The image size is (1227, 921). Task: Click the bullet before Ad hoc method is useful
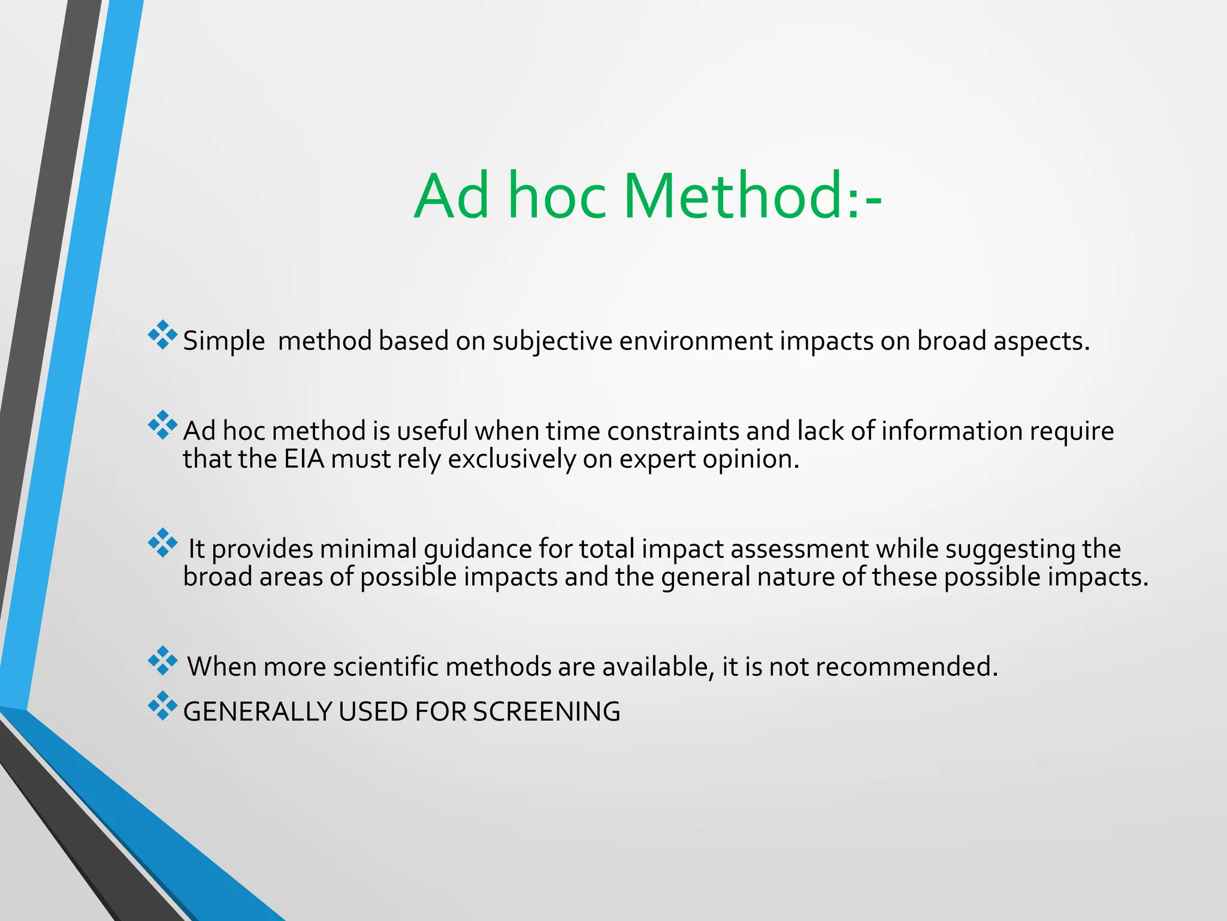click(162, 425)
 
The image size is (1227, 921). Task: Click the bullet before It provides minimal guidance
click(162, 543)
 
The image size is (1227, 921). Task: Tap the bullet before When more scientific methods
click(162, 660)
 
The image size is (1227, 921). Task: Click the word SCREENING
click(546, 712)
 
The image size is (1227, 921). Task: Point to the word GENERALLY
click(257, 712)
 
